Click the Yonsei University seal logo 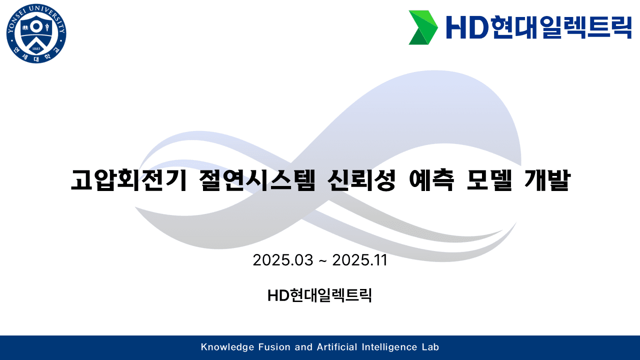point(36,33)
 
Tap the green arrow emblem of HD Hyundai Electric point(423,27)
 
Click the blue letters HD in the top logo point(467,27)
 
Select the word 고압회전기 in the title point(129,180)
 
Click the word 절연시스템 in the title point(257,180)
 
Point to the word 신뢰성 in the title point(361,180)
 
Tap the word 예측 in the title point(431,180)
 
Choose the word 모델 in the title point(489,180)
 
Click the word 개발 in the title point(547,180)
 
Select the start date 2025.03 point(283,260)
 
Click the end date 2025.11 point(359,260)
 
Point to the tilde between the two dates point(323,260)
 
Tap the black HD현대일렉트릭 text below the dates point(319,295)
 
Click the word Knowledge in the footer point(227,347)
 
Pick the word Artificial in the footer point(337,347)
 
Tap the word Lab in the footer point(430,347)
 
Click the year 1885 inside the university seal point(36,48)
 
